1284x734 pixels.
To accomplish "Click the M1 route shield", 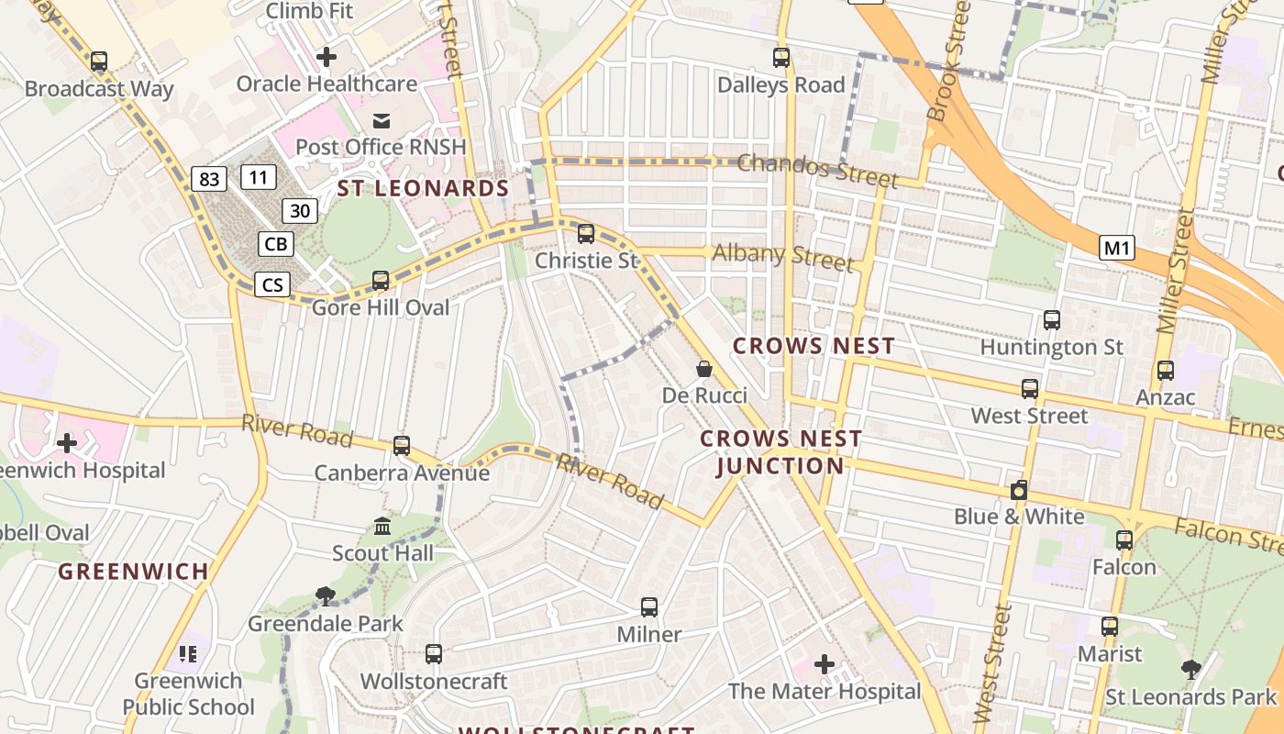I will pos(1117,247).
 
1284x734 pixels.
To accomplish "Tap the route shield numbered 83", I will pos(209,179).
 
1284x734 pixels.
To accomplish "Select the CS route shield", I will pos(272,285).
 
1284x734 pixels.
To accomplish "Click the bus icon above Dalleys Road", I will pos(781,58).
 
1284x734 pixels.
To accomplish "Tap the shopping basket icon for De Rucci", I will pos(704,369).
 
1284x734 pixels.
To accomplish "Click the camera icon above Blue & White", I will pos(1019,490).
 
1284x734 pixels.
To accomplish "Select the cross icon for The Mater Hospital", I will pos(825,663).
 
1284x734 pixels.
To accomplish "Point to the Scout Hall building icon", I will pos(382,527).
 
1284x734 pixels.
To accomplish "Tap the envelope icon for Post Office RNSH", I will pos(381,120).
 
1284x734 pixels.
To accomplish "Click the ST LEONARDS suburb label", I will pos(423,189).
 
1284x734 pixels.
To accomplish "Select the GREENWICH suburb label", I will pos(134,572).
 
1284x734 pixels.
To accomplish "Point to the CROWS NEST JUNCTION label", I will pos(780,452).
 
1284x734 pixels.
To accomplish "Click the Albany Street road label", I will pos(783,256).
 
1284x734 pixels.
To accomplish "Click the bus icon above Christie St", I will pos(586,233).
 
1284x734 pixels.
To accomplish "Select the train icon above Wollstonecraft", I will pos(434,654).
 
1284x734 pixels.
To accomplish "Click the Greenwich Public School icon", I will pos(188,654).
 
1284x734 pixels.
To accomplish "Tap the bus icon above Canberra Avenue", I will pos(402,446).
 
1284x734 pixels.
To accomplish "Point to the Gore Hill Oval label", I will pos(381,307).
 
